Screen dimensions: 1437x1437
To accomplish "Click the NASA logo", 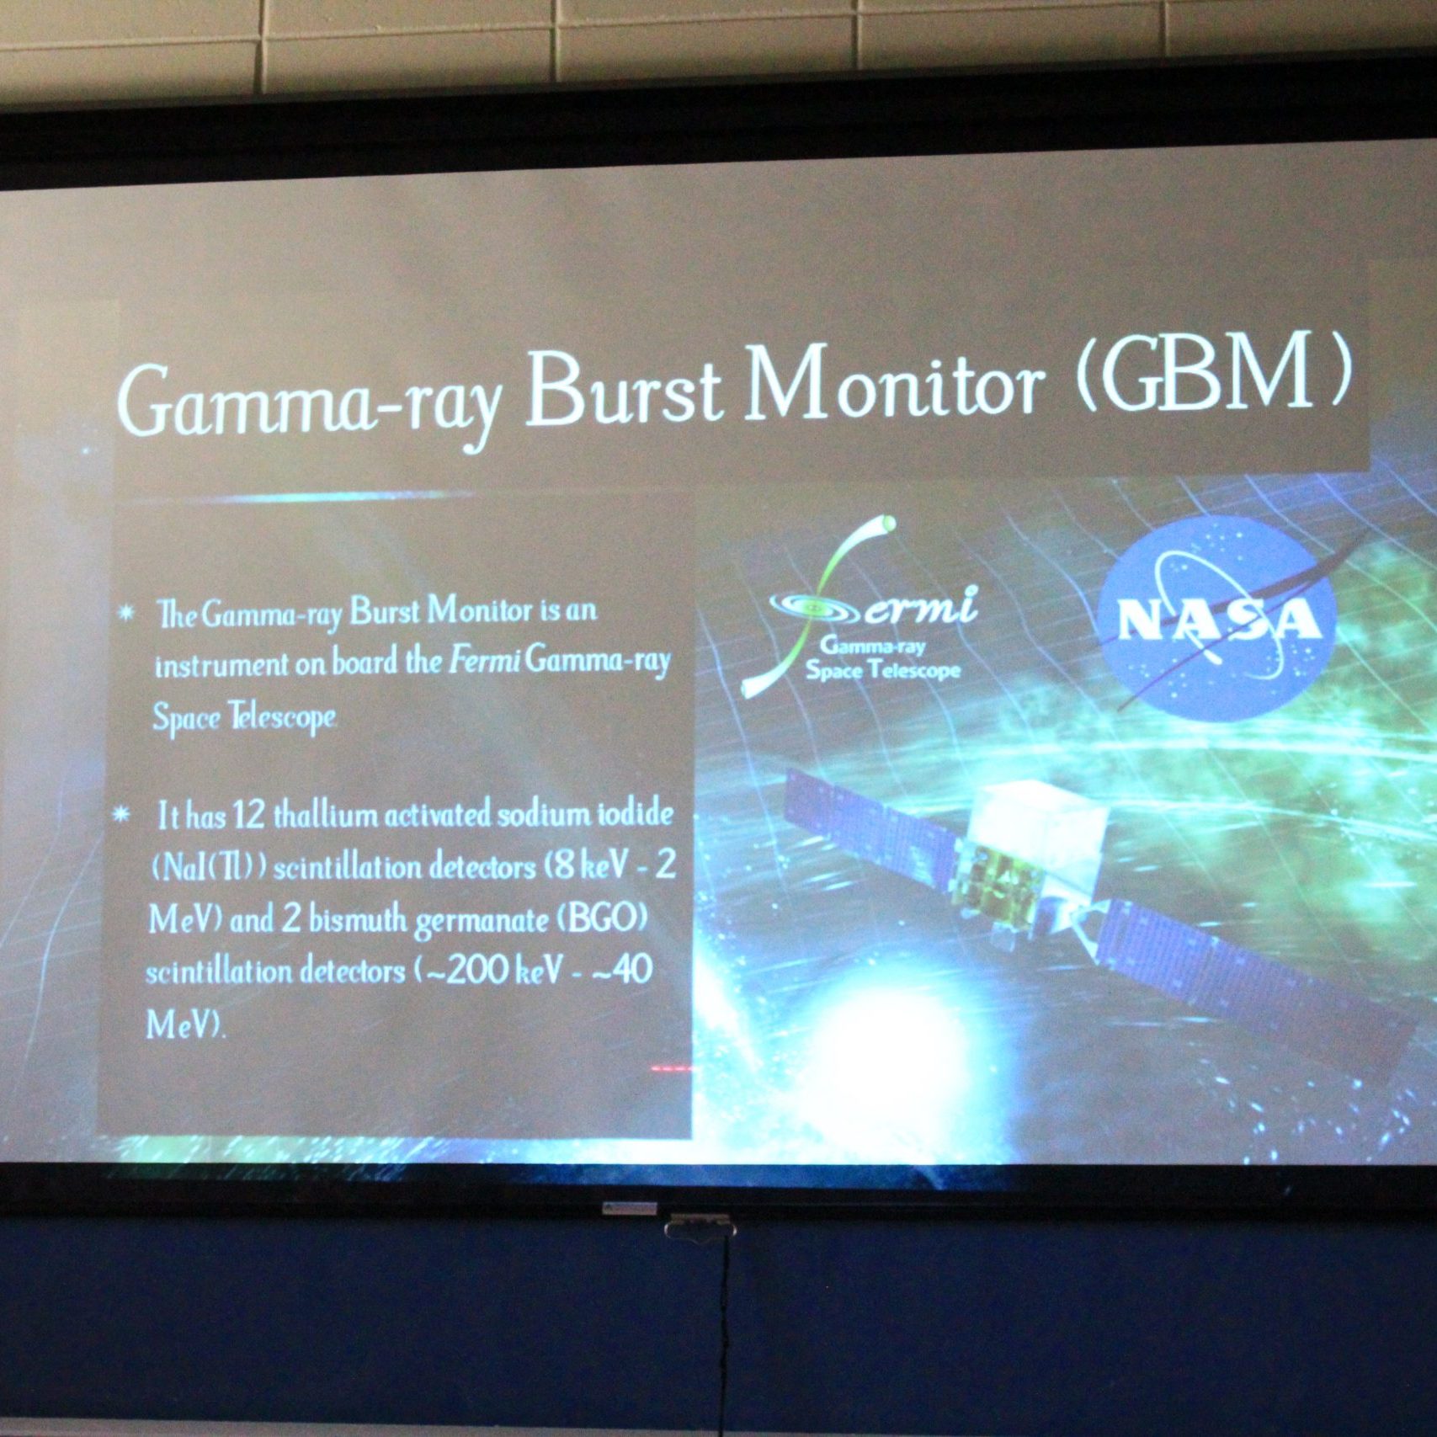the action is click(1219, 619).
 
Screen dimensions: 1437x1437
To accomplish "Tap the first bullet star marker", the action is click(126, 613).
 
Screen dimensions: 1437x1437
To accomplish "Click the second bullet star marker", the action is click(123, 815).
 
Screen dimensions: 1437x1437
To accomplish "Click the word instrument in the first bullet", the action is click(221, 665).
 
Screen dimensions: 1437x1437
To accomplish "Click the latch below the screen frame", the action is click(699, 1227).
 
